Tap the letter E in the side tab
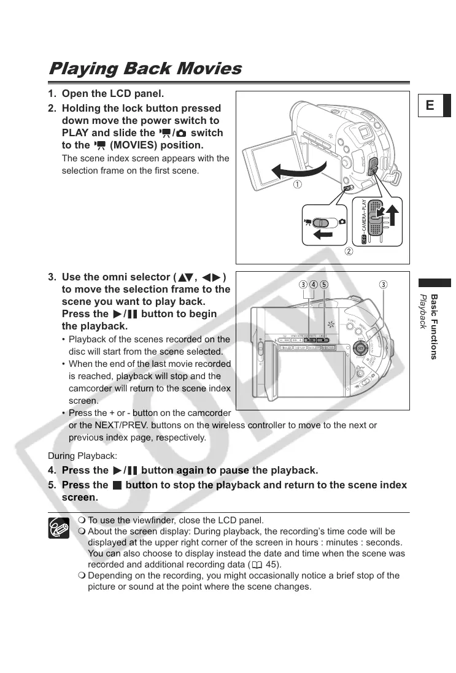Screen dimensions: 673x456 coord(430,106)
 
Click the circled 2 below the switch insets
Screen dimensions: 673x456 coord(348,252)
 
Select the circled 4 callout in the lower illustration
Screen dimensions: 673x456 coord(314,285)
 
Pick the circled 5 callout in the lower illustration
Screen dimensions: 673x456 coord(324,285)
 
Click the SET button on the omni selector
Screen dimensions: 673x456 coord(360,348)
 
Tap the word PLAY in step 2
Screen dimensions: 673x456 coord(75,133)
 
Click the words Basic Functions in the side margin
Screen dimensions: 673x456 coord(434,326)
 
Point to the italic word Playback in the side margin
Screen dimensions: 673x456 coord(422,311)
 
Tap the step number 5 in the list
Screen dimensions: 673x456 coord(52,485)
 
